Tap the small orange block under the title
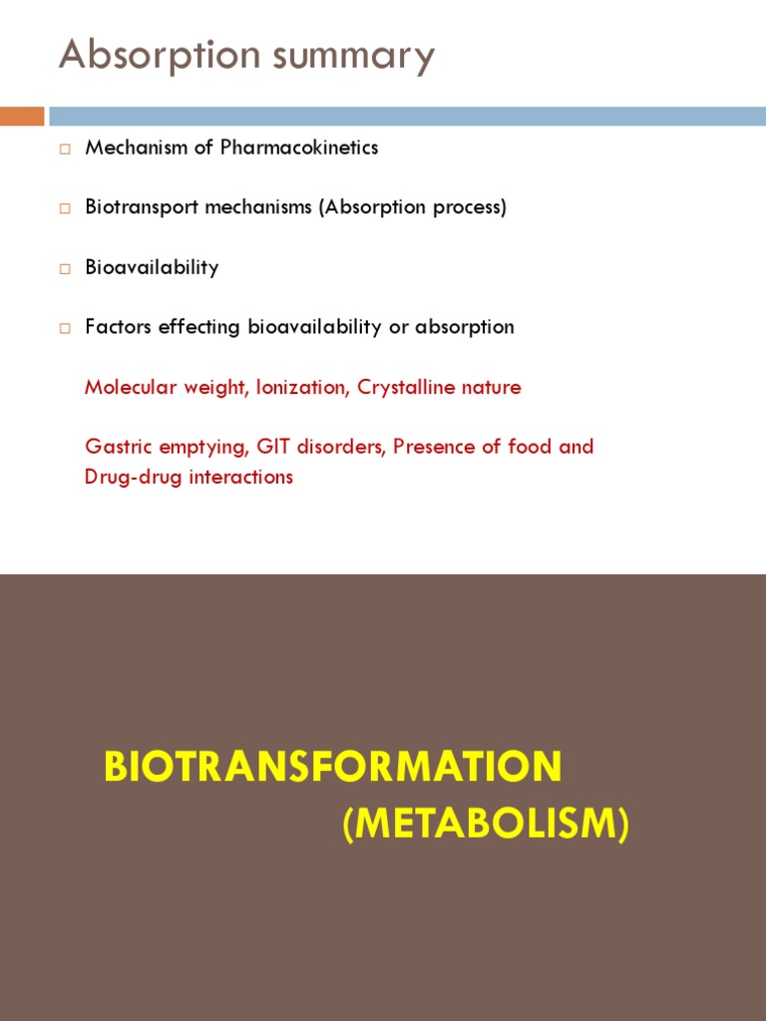(x=22, y=117)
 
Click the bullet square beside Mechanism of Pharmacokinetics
(x=65, y=149)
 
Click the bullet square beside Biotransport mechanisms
(x=65, y=208)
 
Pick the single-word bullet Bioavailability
(x=152, y=267)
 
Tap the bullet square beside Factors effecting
(x=65, y=328)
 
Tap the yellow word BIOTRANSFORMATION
(x=333, y=767)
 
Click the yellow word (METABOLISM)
(x=486, y=825)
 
